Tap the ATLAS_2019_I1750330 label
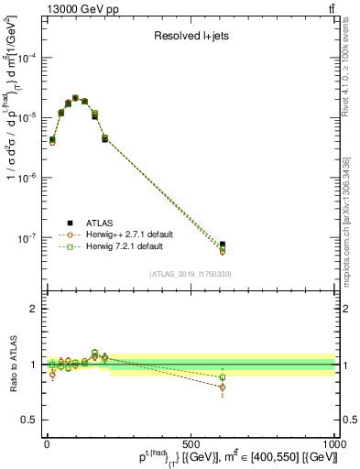coord(191,274)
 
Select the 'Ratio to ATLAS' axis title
coord(12,364)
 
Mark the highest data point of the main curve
coord(76,98)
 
